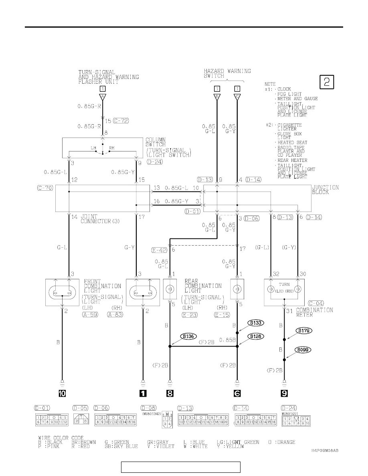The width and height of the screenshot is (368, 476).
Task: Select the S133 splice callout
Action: click(255, 323)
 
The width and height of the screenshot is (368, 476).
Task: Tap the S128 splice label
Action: click(255, 336)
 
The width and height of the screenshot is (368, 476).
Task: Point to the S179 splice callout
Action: click(304, 331)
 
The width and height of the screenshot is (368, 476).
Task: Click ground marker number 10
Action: click(62, 393)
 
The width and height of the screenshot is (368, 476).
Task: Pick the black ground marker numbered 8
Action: click(170, 393)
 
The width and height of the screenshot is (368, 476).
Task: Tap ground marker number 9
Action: click(284, 393)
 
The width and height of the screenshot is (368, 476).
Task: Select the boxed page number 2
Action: click(327, 82)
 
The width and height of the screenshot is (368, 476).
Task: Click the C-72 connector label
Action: click(121, 121)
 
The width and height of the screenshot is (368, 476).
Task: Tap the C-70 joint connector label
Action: click(45, 188)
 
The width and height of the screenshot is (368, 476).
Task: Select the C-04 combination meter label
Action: click(316, 303)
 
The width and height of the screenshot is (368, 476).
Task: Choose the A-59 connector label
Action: click(90, 315)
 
